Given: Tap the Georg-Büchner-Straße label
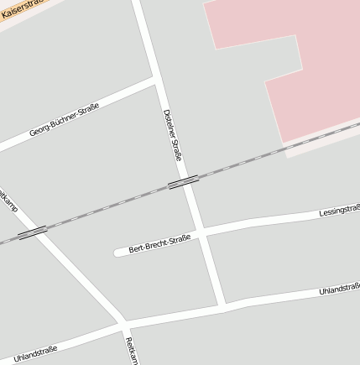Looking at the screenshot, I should (64, 120).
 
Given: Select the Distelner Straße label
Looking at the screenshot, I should (174, 134).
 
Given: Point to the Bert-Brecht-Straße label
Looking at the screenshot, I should (159, 244).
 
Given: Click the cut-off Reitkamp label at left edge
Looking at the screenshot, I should (8, 200).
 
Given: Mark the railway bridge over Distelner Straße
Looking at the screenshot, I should (183, 182).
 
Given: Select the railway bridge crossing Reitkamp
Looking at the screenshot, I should (32, 232).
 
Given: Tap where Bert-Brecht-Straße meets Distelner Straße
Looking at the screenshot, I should (202, 229).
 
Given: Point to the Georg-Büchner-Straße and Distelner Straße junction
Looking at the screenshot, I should (154, 81).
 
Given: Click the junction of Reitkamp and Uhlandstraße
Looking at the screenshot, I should (123, 323).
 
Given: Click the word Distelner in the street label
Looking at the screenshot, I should (170, 124).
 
